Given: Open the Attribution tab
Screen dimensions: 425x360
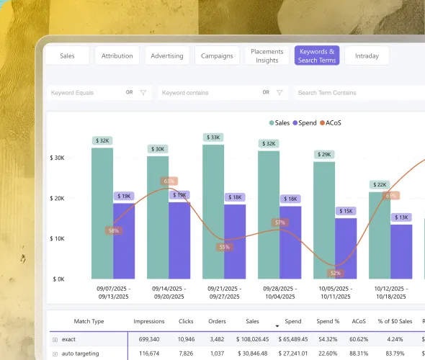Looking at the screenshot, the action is click(x=117, y=56).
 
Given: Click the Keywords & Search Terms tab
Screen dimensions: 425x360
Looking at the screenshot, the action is click(x=317, y=56).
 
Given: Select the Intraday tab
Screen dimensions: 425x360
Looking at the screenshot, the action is click(x=367, y=56).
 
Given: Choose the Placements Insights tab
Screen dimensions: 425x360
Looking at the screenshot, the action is click(x=267, y=56).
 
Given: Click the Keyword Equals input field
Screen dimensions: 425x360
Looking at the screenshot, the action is click(x=99, y=93).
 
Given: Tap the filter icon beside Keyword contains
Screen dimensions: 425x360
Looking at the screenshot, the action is click(x=279, y=93).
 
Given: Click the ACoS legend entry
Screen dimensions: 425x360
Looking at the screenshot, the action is click(x=331, y=123).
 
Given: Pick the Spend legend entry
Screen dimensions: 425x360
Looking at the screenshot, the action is click(x=305, y=123).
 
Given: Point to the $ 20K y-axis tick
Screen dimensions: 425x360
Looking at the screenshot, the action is click(x=57, y=198).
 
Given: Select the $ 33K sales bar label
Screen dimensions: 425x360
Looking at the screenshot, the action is click(x=213, y=138).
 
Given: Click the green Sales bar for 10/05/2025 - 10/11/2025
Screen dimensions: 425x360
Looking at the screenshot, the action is click(x=324, y=220).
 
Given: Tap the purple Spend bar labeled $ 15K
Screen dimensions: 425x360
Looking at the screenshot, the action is click(x=346, y=248).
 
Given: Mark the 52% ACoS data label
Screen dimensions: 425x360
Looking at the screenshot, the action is click(x=336, y=273).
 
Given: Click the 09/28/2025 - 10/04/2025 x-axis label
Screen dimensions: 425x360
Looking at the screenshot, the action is click(x=280, y=292).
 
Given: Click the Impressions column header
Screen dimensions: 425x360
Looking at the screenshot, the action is click(x=149, y=321).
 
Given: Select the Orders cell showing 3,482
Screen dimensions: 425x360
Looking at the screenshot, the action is click(x=217, y=339).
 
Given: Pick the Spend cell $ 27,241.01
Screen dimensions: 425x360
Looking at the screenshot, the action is click(x=293, y=354).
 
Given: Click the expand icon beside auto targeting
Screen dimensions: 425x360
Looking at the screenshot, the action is click(x=55, y=354).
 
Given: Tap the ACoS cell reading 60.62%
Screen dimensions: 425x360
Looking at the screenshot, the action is click(x=359, y=339).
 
